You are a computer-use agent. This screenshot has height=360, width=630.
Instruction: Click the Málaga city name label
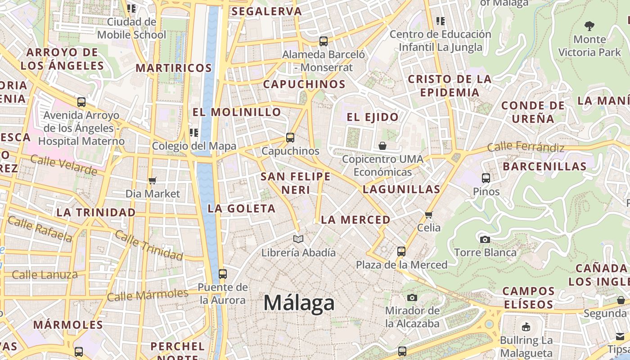299,303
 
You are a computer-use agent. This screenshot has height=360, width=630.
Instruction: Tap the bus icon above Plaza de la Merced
401,251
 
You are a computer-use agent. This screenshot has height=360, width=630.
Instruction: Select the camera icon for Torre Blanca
485,239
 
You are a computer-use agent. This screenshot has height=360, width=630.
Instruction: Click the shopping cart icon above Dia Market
153,180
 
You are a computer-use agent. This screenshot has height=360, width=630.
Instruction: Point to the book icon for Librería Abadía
298,239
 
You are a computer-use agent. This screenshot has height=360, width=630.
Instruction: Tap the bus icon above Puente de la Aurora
222,274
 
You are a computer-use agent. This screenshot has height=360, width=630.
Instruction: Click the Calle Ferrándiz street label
526,147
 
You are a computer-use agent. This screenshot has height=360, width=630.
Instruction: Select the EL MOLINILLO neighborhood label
237,112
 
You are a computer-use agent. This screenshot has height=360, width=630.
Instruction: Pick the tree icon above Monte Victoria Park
589,26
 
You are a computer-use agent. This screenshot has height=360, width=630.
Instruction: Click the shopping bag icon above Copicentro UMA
382,146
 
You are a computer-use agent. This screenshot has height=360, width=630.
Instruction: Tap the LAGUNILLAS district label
401,189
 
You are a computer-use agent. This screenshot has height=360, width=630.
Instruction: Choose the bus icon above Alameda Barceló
323,41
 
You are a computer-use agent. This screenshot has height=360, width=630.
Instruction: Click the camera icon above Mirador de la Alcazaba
412,297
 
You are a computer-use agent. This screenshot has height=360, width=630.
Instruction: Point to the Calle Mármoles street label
148,295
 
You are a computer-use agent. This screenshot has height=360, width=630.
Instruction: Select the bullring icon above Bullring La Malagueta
526,327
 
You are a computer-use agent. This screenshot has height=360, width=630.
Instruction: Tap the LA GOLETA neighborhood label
241,208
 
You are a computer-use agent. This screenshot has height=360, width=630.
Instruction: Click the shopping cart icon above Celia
428,215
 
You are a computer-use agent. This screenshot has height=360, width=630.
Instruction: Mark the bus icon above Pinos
486,178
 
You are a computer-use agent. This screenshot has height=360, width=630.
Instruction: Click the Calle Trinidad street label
148,245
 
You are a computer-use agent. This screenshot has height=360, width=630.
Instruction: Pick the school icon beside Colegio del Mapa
194,132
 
